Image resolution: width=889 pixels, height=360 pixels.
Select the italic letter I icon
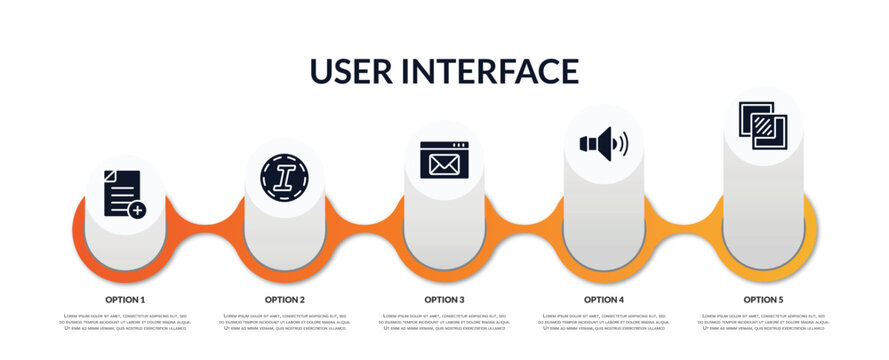point(284,173)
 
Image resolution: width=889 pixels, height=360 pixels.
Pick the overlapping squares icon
point(762,126)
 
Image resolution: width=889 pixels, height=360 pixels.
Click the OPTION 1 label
point(125,299)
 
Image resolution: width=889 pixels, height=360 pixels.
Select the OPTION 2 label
point(285,299)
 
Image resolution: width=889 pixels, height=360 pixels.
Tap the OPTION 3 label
point(444,299)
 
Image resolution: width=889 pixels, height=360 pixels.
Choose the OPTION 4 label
point(604,299)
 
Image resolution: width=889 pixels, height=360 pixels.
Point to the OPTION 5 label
point(763,299)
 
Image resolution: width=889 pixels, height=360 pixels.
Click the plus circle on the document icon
point(137,210)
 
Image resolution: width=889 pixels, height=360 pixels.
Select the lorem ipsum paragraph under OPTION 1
point(125,322)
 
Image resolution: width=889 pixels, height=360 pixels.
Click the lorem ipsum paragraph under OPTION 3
point(444,322)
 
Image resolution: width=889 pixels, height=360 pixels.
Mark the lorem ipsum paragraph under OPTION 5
point(763,322)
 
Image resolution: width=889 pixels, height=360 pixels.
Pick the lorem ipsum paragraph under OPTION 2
point(285,322)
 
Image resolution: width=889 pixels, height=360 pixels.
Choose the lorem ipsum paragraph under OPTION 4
point(604,322)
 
